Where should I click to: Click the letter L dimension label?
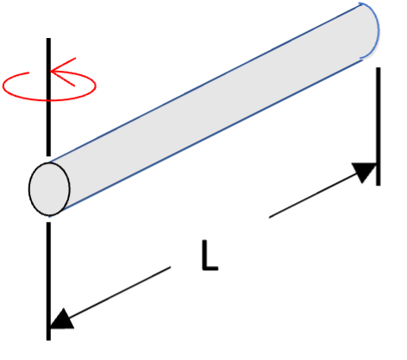tap(210, 256)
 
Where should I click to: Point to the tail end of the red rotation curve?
tap(28, 73)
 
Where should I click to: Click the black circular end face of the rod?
tap(49, 189)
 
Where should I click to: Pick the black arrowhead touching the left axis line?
tap(61, 319)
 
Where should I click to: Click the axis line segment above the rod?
tap(48, 97)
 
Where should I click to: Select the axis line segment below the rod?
tap(48, 281)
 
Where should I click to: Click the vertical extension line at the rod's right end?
tap(379, 127)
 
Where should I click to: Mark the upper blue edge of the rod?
tap(204, 84)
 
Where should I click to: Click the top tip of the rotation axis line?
tap(48, 38)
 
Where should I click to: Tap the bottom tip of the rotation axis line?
tap(48, 340)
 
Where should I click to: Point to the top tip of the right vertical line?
tap(379, 68)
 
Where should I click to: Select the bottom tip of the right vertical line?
tap(379, 186)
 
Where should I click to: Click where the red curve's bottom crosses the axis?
tap(48, 100)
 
